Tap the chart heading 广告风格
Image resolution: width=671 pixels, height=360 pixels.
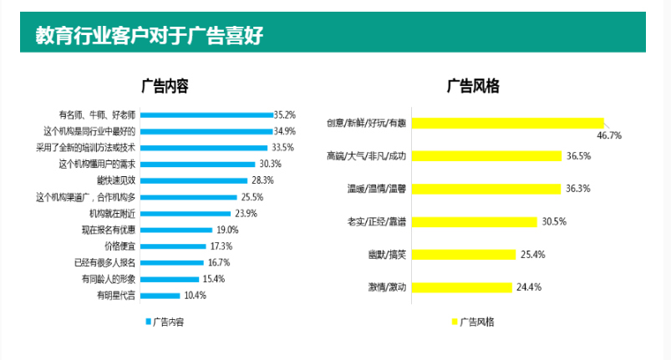pyautogui.click(x=473, y=85)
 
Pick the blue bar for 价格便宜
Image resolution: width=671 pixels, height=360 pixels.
pyautogui.click(x=172, y=246)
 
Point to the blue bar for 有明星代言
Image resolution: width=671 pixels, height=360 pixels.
pyautogui.click(x=159, y=295)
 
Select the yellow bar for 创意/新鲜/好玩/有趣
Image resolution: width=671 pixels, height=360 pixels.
pyautogui.click(x=509, y=124)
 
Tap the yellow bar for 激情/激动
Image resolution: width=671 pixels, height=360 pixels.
pyautogui.click(x=463, y=287)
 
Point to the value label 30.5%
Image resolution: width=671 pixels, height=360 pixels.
pyautogui.click(x=554, y=221)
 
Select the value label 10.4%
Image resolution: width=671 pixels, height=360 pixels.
pyautogui.click(x=194, y=295)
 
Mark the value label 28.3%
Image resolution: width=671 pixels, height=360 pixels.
pyautogui.click(x=262, y=180)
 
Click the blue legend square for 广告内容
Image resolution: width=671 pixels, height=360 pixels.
pyautogui.click(x=148, y=321)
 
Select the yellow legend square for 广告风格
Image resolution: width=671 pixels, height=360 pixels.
pyautogui.click(x=455, y=321)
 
